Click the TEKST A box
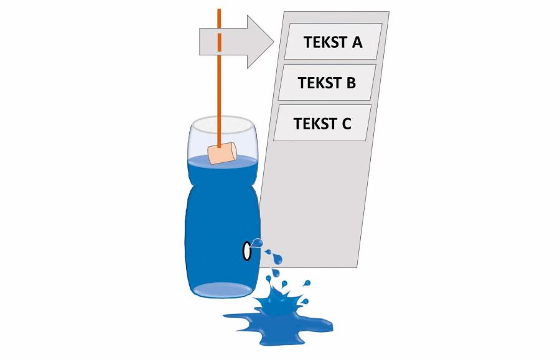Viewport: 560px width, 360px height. pyautogui.click(x=334, y=42)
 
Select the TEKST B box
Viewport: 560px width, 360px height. pyautogui.click(x=327, y=83)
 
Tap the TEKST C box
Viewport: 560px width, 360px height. pyautogui.click(x=322, y=123)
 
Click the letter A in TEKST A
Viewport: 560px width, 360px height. pyautogui.click(x=357, y=42)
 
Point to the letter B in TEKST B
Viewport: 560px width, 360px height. pyautogui.click(x=351, y=83)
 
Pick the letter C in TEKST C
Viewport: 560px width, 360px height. pyautogui.click(x=347, y=124)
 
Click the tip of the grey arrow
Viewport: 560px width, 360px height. pyautogui.click(x=274, y=42)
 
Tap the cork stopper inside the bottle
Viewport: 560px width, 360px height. pyautogui.click(x=223, y=153)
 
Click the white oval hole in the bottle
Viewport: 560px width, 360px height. pyautogui.click(x=247, y=251)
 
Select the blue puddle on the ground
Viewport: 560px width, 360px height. pyautogui.click(x=279, y=325)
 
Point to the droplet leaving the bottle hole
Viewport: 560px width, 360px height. pyautogui.click(x=257, y=243)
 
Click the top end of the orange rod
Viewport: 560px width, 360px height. pyautogui.click(x=219, y=9)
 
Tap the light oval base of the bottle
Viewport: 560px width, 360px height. pyautogui.click(x=222, y=290)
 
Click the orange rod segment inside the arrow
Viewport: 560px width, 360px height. pyautogui.click(x=219, y=42)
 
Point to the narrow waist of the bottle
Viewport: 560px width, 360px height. pyautogui.click(x=223, y=185)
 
